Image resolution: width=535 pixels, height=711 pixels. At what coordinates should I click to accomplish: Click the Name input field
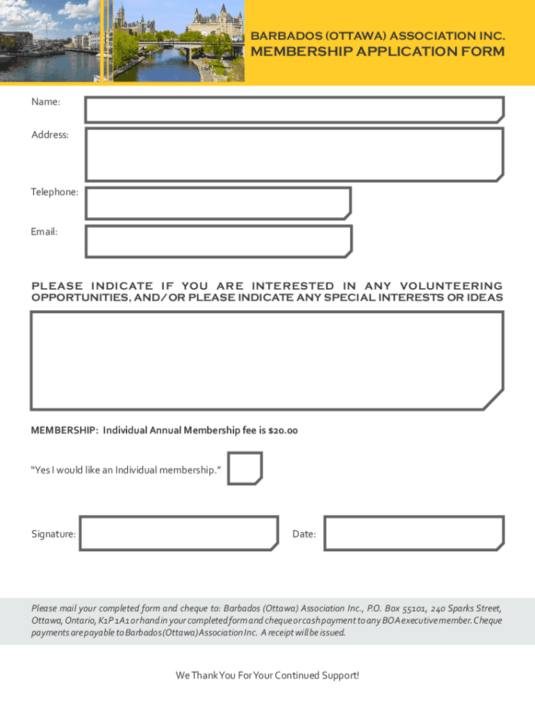click(294, 110)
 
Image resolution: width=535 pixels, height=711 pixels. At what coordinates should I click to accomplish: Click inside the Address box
click(294, 153)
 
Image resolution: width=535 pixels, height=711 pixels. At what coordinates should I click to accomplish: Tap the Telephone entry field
click(217, 203)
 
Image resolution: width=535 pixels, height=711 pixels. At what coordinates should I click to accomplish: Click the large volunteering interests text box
click(267, 360)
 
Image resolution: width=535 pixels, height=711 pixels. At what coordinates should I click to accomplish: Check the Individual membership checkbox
click(245, 469)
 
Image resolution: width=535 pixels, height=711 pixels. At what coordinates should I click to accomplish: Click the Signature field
click(179, 533)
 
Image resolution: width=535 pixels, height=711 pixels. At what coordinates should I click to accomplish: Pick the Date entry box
click(413, 533)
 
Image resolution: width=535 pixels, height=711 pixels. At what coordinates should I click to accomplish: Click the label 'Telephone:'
click(55, 192)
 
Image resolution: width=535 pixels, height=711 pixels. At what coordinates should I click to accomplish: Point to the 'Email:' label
click(44, 231)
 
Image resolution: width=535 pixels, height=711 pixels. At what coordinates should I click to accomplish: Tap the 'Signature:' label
click(53, 534)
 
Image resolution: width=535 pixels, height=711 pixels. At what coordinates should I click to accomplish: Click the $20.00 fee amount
click(283, 430)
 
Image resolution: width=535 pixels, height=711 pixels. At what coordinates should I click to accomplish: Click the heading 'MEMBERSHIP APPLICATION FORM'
click(377, 52)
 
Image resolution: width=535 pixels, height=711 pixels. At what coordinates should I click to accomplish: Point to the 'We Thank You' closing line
click(267, 675)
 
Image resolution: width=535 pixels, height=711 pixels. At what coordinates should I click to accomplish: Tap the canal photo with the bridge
click(178, 40)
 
